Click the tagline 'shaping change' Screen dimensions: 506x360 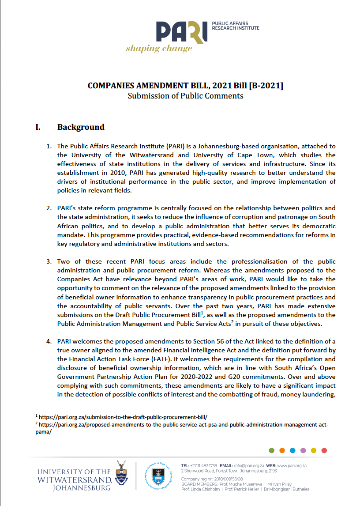159,48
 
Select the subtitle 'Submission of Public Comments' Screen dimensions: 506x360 185,96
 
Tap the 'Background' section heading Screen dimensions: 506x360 81,127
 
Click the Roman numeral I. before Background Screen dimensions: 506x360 38,127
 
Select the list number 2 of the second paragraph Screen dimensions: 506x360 49,208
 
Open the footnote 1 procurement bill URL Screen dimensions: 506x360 124,416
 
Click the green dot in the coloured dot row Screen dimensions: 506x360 272,450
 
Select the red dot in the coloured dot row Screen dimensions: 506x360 324,450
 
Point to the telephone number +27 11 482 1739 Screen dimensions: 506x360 203,465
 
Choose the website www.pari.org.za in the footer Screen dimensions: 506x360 304,465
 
